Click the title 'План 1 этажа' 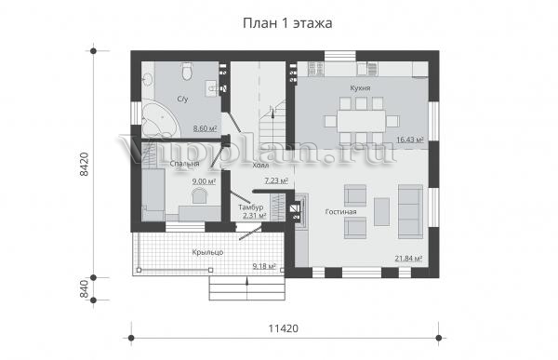point(287,23)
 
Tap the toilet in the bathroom point(187,72)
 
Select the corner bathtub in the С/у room point(160,118)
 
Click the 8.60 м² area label point(205,128)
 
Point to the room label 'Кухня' point(360,88)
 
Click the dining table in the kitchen point(362,121)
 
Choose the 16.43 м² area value point(410,140)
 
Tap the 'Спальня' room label point(184,164)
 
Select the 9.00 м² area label point(204,181)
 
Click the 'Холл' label point(260,166)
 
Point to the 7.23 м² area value point(276,180)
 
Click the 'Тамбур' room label point(251,207)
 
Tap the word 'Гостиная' point(341,212)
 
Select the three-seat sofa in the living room point(411,211)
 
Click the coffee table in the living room point(382,212)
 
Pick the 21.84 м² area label point(408,259)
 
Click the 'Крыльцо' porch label point(207,252)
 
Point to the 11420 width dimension point(284,328)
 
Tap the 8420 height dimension point(84,164)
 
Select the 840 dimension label point(84,289)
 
